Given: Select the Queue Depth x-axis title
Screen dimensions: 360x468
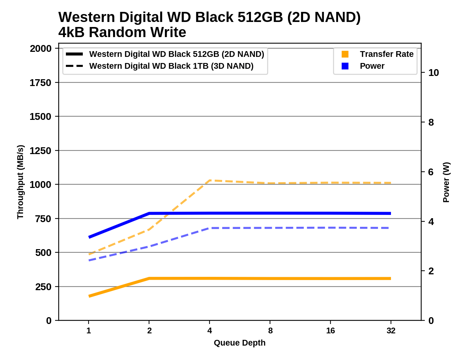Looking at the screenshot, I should click(239, 343).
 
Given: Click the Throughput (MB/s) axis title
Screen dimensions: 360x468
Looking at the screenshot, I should click(20, 182).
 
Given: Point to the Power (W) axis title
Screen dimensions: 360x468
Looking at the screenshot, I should click(446, 182).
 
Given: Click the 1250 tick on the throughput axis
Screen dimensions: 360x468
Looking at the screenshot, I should click(40, 150).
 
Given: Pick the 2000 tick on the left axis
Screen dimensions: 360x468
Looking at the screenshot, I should click(40, 48).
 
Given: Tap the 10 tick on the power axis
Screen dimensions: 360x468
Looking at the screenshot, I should click(433, 73).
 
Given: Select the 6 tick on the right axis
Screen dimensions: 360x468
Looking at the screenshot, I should click(431, 172).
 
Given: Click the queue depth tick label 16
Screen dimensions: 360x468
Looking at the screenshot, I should click(330, 330).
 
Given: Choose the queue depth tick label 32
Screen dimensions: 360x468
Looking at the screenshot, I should click(391, 330).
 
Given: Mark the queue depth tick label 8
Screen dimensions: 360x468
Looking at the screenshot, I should click(270, 330).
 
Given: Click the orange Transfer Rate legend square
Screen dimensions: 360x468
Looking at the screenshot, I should click(345, 54).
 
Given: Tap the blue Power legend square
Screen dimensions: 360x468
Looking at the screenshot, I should click(345, 66).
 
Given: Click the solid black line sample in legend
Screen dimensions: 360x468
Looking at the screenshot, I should click(75, 54).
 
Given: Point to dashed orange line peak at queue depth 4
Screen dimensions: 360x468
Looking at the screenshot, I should click(210, 180).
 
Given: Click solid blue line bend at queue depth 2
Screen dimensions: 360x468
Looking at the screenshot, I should click(149, 213).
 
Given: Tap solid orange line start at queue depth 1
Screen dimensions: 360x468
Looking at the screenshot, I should click(89, 296).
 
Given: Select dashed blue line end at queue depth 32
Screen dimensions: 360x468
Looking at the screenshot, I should click(390, 228).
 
